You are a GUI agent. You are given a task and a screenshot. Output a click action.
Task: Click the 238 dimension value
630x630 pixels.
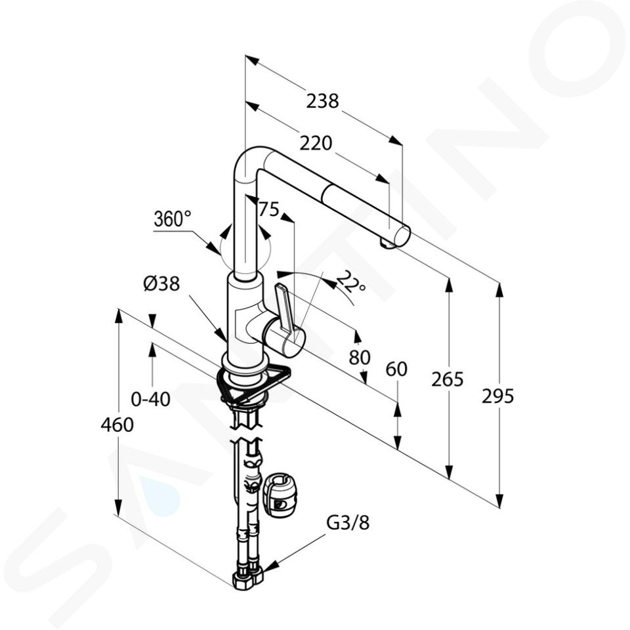323,101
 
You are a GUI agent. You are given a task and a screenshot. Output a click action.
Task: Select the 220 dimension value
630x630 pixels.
316,143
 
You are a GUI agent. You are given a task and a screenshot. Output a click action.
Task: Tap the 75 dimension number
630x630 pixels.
269,209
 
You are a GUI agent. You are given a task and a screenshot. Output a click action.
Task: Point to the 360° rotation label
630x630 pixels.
173,219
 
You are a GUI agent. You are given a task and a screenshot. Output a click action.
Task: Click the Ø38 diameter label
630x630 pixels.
161,284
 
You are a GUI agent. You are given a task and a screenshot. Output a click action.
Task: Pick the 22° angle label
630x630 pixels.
350,282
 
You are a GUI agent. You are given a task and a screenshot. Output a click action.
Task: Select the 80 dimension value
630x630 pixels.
360,357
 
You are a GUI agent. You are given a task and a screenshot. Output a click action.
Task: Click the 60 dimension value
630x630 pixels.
396,369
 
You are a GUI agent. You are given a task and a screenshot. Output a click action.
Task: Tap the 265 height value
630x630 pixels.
448,379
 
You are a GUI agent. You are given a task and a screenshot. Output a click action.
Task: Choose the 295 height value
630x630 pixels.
498,396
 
